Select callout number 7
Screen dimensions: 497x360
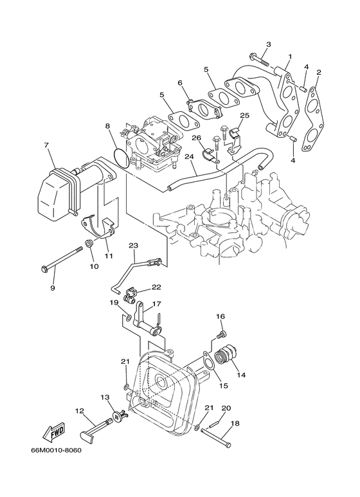[46, 146]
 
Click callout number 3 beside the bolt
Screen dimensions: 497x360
[269, 44]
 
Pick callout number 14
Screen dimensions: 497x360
[241, 374]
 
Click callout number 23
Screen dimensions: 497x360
[133, 245]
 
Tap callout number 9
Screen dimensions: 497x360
[53, 288]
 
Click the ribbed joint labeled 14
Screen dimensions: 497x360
[226, 356]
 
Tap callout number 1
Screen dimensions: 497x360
[290, 57]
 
